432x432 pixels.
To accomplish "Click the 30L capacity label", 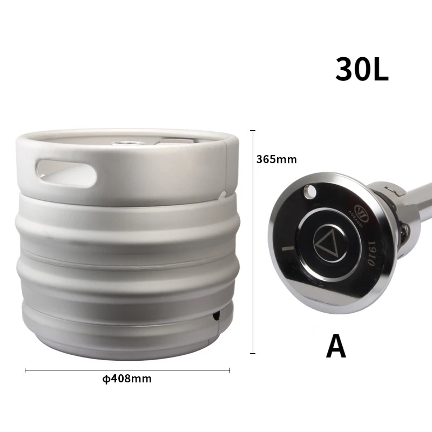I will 362,69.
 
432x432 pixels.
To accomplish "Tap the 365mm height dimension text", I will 276,159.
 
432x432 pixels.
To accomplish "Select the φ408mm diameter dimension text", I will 127,379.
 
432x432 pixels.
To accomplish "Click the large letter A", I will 336,346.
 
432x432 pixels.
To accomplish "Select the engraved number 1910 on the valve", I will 371,252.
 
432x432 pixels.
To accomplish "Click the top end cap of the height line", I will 252,130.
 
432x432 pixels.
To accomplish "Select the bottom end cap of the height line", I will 252,354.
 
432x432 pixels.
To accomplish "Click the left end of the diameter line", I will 25,370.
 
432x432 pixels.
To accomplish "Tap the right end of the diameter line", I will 230,370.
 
